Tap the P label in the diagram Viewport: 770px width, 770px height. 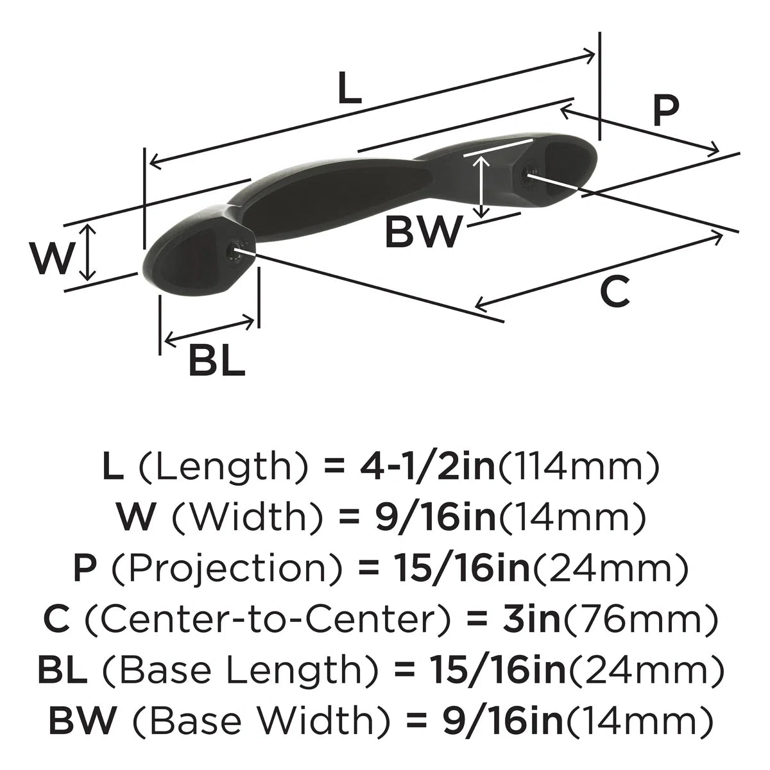click(x=665, y=110)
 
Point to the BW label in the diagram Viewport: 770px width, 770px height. click(x=423, y=232)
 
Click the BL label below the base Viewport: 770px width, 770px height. click(x=217, y=361)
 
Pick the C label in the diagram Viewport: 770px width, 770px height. click(x=615, y=291)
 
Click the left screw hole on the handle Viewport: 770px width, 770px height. click(x=235, y=254)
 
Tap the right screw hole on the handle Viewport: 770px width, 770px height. click(x=531, y=171)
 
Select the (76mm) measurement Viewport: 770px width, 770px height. click(x=638, y=620)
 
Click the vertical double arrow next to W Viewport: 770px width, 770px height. click(x=89, y=252)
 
